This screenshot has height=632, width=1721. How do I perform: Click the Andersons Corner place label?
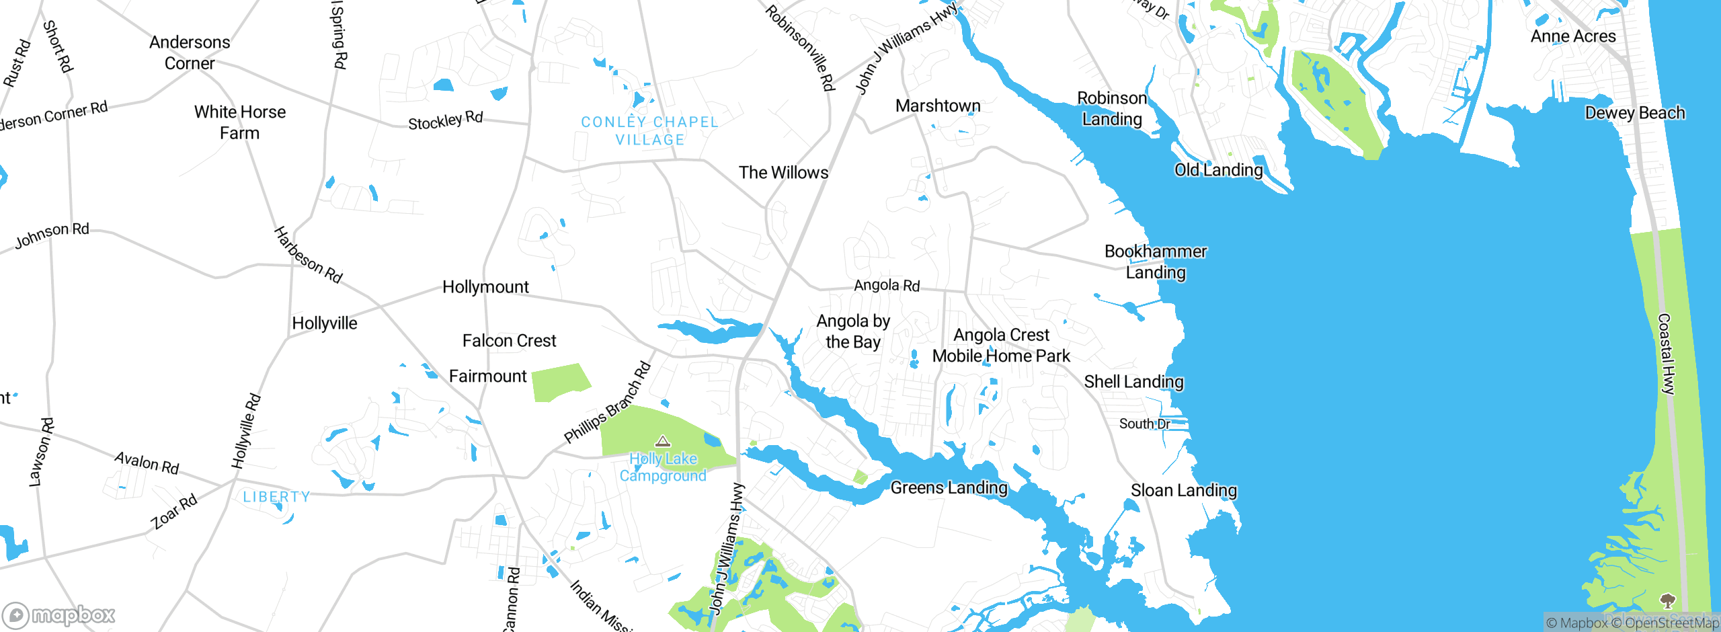190,52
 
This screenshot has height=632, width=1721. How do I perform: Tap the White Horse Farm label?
240,122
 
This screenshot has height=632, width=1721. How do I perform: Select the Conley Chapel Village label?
649,130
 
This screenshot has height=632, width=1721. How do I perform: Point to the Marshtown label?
938,106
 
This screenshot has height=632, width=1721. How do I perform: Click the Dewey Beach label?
1634,113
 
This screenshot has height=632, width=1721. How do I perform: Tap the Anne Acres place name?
1573,36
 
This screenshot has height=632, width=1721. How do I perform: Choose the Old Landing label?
1218,170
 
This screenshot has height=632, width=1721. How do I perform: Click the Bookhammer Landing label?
1156,262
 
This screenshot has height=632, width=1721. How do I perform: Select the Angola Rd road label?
887,285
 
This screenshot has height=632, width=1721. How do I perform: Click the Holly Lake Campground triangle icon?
663,442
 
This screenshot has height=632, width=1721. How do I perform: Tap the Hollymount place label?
485,287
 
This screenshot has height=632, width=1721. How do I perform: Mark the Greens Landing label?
949,487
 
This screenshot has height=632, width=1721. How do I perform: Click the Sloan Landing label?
1183,490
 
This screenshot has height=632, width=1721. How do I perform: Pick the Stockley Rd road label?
445,120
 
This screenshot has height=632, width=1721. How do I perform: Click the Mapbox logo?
59,615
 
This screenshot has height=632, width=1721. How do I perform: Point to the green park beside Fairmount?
559,382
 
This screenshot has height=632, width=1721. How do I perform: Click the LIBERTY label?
276,497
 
